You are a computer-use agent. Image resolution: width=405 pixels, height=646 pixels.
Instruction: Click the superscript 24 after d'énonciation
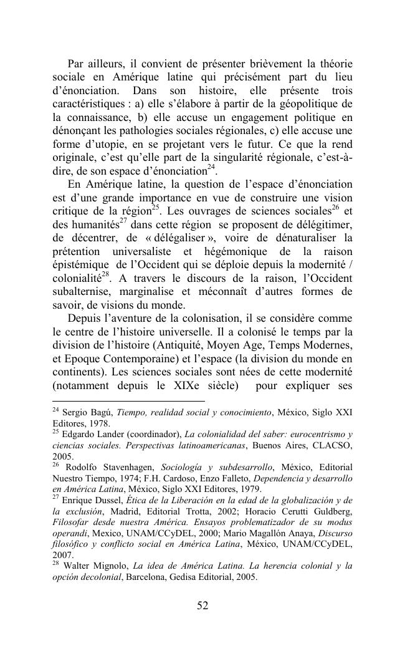click(212, 166)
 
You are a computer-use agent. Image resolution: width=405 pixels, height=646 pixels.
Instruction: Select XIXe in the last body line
click(189, 385)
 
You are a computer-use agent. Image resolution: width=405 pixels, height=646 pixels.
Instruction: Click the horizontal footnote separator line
click(128, 401)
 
